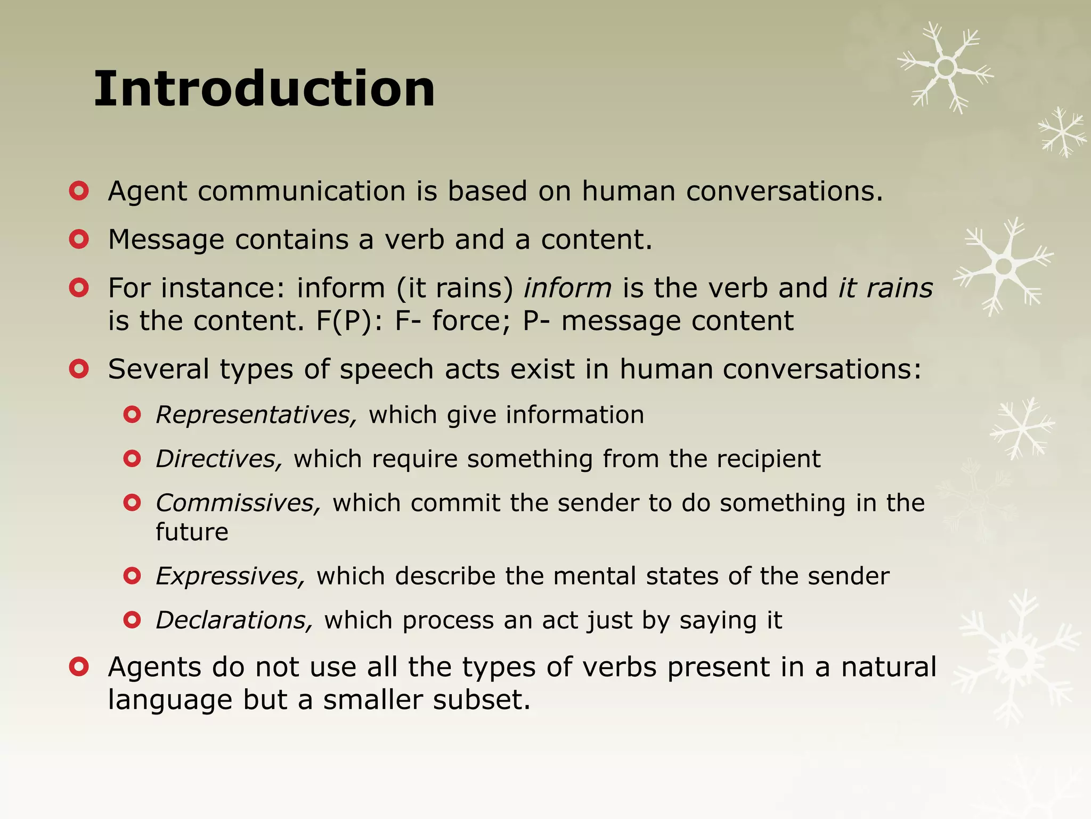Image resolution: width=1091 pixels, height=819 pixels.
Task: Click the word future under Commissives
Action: [192, 532]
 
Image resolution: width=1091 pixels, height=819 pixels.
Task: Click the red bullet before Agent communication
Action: [79, 191]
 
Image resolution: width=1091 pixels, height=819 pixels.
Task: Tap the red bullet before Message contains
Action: [79, 239]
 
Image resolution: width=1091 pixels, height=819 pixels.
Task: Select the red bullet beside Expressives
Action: [132, 576]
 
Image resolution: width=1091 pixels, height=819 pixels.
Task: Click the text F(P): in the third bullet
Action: [349, 321]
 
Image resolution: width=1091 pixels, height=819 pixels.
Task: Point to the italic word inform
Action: [567, 288]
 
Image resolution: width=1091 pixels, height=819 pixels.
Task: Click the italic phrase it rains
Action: [885, 288]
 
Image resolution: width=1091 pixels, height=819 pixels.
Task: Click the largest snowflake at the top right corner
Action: [946, 68]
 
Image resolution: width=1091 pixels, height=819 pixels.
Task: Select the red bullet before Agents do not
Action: [79, 667]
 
